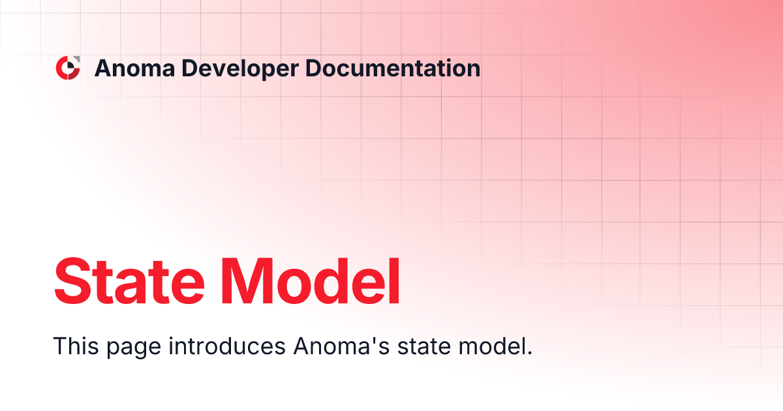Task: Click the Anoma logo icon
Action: [x=68, y=68]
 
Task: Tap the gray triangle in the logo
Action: [x=76, y=61]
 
